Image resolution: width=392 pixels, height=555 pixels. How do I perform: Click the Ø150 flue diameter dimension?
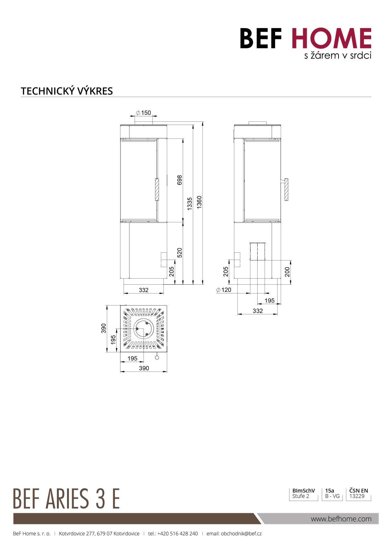(x=144, y=113)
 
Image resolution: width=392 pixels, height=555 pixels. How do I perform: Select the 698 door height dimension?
(x=180, y=180)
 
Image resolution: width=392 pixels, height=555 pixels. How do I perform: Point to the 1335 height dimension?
(x=190, y=203)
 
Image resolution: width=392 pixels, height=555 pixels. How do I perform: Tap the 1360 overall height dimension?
(x=199, y=202)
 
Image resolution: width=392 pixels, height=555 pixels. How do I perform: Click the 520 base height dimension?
(x=180, y=253)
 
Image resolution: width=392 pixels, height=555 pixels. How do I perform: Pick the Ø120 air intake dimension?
(x=224, y=290)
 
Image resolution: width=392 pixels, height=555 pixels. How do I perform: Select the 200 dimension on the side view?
(x=287, y=272)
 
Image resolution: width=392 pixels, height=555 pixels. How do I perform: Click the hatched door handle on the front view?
(x=157, y=189)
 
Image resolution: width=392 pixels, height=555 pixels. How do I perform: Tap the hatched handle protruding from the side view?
(x=286, y=189)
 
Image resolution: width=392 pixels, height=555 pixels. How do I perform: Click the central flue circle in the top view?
(x=144, y=329)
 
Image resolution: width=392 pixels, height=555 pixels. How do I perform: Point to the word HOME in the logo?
(x=331, y=38)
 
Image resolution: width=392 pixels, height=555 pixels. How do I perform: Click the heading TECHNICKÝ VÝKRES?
(x=67, y=91)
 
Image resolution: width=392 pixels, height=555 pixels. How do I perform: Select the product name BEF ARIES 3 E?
(x=66, y=498)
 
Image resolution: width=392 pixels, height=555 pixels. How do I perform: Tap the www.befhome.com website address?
(x=341, y=519)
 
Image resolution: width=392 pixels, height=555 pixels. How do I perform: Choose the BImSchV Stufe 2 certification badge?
(x=303, y=493)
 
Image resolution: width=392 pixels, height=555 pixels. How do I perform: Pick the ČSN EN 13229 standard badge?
(x=358, y=493)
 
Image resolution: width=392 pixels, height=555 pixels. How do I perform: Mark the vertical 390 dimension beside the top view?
(x=103, y=328)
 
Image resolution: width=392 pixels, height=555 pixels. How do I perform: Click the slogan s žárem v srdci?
(x=338, y=56)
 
